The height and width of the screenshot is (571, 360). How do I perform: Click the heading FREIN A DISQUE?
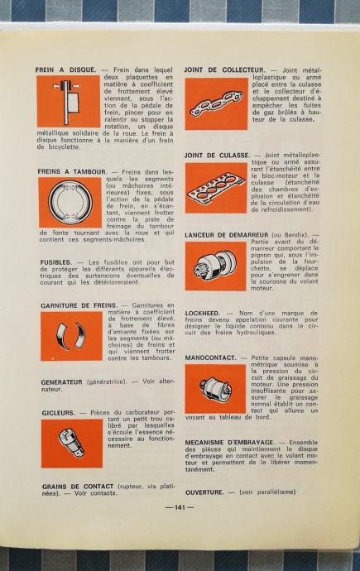[66, 70]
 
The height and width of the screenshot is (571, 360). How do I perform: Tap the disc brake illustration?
[69, 102]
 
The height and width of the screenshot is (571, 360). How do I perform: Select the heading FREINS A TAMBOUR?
[73, 171]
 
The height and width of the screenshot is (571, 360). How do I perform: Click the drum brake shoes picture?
[70, 203]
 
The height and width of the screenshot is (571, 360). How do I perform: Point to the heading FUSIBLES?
[56, 262]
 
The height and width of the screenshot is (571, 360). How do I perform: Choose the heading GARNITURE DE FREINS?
[79, 305]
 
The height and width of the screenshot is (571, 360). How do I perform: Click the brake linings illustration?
[71, 336]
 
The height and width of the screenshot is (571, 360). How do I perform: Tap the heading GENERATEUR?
[61, 382]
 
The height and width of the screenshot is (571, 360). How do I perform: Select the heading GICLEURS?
[58, 413]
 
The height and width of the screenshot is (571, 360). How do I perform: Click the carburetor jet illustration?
[72, 444]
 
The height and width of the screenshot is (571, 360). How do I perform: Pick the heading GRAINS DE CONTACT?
[78, 487]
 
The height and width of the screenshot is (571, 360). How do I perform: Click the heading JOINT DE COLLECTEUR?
[224, 70]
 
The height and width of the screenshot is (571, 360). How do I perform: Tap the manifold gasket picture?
[216, 103]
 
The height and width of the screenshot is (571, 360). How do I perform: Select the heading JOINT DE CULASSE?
[218, 156]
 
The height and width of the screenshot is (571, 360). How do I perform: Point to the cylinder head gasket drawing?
[216, 188]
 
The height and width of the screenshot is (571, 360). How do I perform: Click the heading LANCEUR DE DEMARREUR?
[227, 235]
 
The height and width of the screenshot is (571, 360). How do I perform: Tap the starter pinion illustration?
[216, 266]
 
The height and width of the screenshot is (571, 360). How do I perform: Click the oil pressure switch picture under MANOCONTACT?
[215, 389]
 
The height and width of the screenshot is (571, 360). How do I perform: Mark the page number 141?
[180, 507]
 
